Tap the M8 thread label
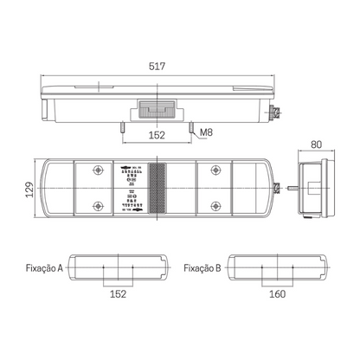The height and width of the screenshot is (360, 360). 205,132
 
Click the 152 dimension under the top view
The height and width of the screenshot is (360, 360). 157,134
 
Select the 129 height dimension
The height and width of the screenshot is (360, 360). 29,188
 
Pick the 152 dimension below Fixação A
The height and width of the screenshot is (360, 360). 118,294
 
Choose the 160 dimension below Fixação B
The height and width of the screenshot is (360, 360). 276,294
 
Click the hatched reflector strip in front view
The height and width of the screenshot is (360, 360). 157,188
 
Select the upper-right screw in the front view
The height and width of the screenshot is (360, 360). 215,170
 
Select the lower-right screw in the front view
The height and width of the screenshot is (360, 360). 215,206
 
